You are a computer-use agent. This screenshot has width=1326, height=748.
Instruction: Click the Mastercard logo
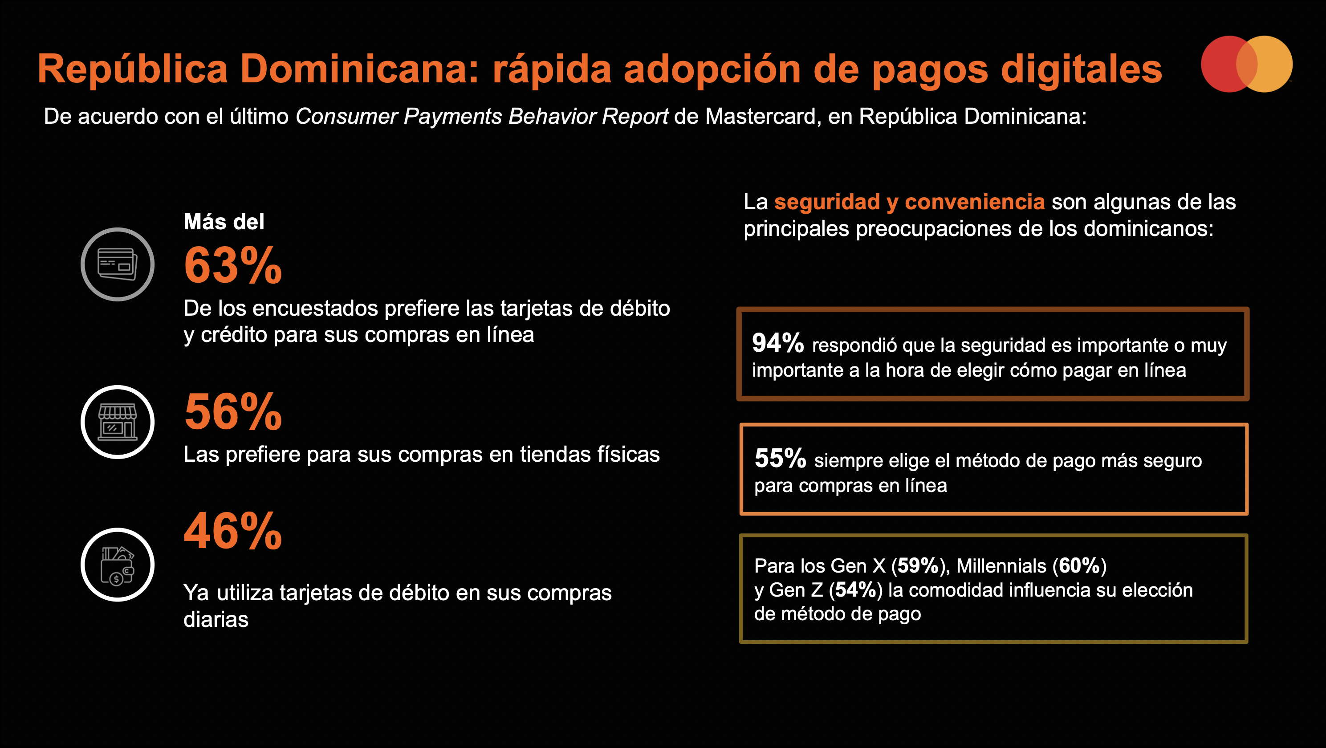[1247, 64]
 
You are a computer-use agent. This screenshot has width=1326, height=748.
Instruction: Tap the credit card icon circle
[118, 264]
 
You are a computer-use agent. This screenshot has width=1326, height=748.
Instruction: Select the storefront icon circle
[118, 422]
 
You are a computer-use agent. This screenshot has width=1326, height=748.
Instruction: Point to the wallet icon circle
[118, 564]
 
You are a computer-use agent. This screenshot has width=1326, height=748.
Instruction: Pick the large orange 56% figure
[233, 411]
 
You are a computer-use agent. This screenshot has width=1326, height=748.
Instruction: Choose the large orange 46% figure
[233, 531]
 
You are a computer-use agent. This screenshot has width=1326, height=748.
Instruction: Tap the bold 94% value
[778, 343]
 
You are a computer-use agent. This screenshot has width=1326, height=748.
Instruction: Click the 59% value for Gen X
[918, 566]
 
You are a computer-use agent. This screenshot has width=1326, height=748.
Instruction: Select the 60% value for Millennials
[1079, 566]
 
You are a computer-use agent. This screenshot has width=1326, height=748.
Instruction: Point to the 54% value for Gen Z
[855, 590]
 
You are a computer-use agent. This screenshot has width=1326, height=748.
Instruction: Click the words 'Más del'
[224, 222]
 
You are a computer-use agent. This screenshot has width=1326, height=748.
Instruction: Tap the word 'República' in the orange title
[132, 69]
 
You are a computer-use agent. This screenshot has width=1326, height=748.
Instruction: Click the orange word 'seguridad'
[827, 202]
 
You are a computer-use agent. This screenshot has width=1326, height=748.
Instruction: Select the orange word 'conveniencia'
[975, 202]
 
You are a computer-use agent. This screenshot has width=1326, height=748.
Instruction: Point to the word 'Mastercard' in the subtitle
[760, 116]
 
